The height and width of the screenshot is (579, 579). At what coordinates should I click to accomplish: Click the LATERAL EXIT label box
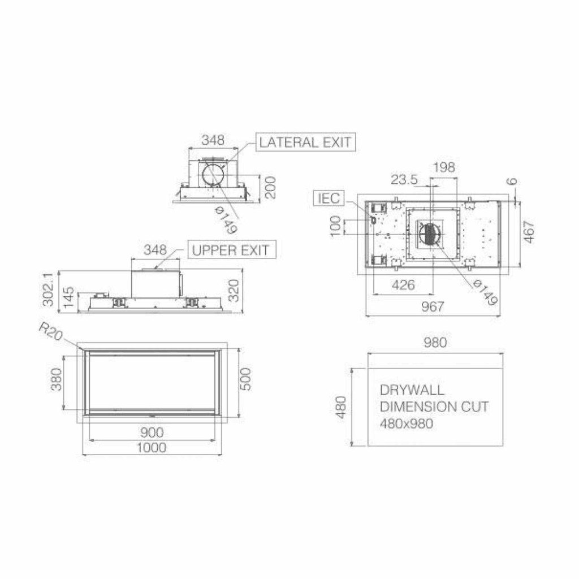click(305, 142)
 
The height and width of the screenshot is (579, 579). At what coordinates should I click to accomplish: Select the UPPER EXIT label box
click(232, 250)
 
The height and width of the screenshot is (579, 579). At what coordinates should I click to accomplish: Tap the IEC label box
click(329, 198)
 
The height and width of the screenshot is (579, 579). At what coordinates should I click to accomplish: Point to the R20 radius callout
click(51, 331)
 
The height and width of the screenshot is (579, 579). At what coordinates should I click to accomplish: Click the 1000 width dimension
click(152, 448)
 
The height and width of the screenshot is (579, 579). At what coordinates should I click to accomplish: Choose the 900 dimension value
click(152, 433)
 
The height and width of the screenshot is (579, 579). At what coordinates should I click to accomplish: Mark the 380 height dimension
click(56, 379)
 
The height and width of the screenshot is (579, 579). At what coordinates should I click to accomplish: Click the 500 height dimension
click(245, 379)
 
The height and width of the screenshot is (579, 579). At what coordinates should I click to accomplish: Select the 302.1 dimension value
click(49, 289)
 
